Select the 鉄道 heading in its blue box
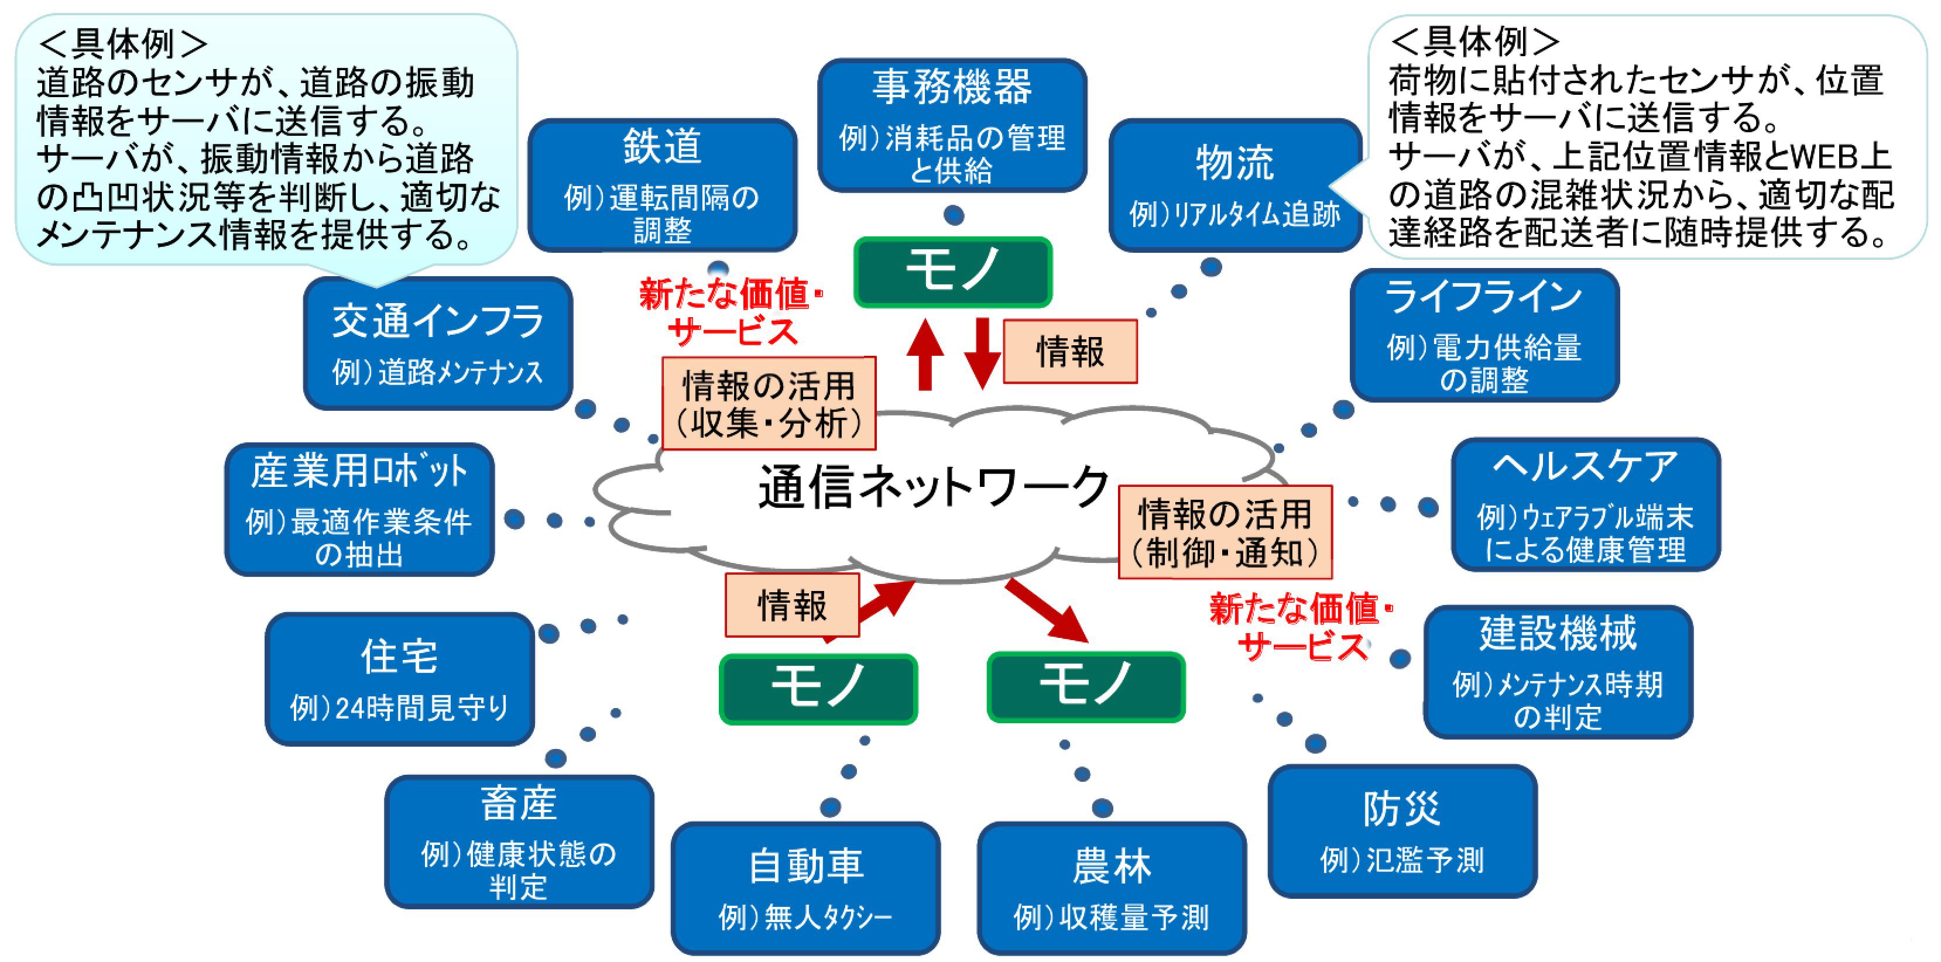click(661, 146)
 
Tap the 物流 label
click(1234, 163)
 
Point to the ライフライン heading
click(1483, 296)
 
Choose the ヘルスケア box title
click(1585, 466)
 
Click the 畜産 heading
click(519, 804)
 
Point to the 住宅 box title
click(399, 656)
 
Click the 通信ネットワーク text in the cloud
click(933, 487)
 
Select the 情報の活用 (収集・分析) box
click(769, 404)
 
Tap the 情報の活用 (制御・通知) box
click(1225, 532)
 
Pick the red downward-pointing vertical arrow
click(982, 352)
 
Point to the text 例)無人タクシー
click(805, 918)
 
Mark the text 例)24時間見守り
click(399, 708)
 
